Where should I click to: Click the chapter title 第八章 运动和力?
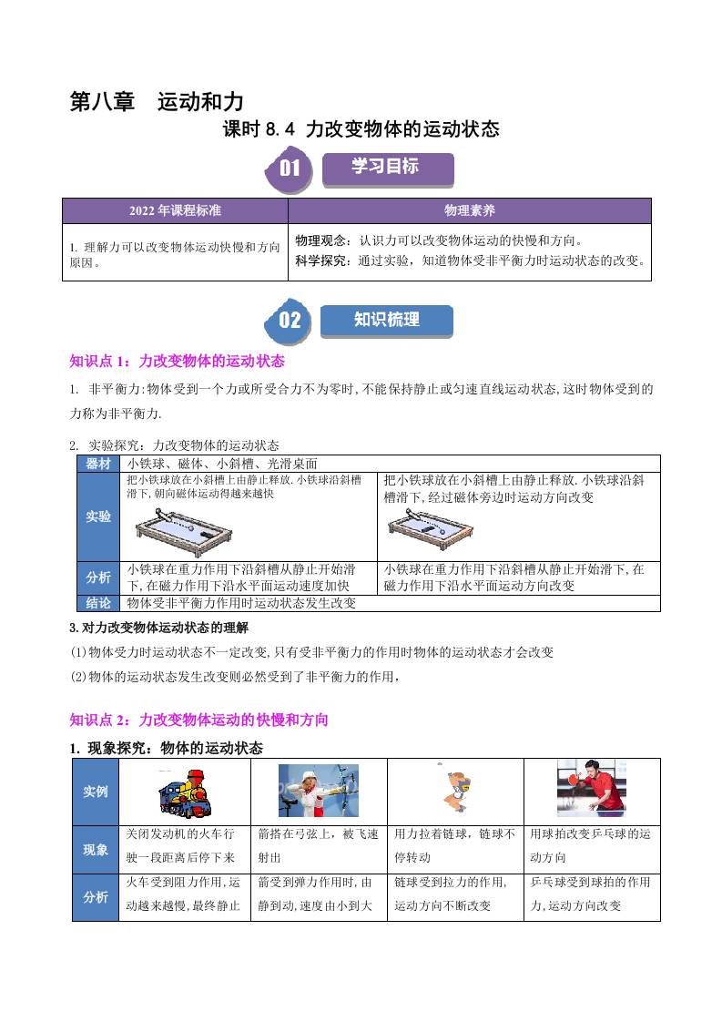[157, 102]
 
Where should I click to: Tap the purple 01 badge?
[288, 169]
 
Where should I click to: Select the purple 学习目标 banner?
[388, 169]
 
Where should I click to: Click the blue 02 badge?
[288, 320]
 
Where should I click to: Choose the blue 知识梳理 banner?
[386, 321]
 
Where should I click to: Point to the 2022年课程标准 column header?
[176, 210]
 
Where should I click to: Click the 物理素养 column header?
[470, 210]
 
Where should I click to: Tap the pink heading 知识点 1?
[178, 361]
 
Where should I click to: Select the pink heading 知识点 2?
[198, 721]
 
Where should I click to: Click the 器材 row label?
[98, 464]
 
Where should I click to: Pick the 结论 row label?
[98, 603]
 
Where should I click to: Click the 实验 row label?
[98, 516]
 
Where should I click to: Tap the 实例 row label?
[96, 792]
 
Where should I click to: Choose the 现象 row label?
[96, 850]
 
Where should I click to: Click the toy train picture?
[185, 792]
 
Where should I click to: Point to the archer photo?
[319, 791]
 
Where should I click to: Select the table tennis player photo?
[592, 788]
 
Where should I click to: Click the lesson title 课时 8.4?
[361, 129]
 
